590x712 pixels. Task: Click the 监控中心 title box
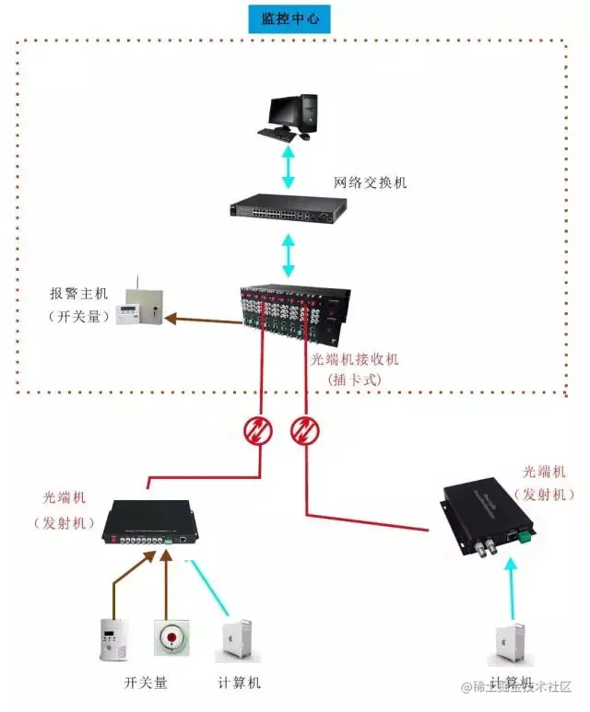(x=289, y=18)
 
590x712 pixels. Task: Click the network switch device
(x=289, y=208)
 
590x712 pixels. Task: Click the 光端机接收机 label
(x=354, y=360)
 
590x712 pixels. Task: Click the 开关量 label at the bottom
(x=147, y=683)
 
